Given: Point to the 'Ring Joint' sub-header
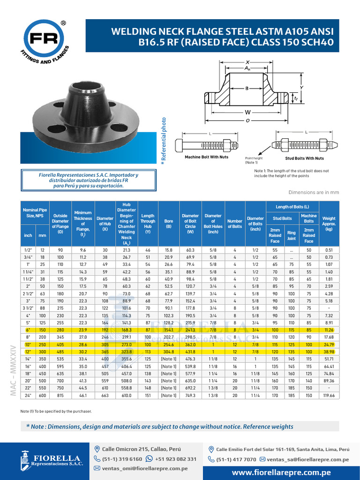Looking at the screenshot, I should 292,235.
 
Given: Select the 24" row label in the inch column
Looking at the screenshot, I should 28,396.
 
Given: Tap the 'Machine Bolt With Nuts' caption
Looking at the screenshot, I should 206,157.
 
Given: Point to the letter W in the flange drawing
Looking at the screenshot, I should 247,112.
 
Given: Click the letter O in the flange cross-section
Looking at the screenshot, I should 247,120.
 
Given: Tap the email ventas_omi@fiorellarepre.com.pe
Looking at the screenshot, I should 144,468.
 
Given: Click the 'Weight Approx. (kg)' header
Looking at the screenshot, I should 329,223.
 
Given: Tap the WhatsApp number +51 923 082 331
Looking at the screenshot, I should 175,459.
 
